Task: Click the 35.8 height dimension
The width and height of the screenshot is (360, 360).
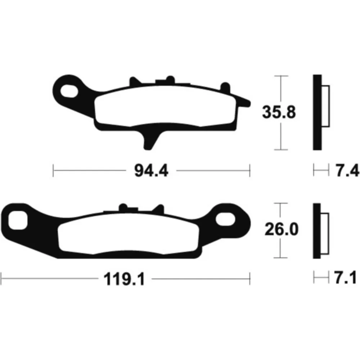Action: tap(279, 112)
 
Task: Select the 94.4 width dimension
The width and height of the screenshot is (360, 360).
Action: tap(151, 171)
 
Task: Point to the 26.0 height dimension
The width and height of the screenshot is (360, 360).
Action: tap(282, 229)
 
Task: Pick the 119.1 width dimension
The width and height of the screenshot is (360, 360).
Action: tap(124, 279)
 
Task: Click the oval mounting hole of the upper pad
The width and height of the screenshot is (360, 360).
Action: tap(69, 91)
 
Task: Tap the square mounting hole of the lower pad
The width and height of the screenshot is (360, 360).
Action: tap(18, 220)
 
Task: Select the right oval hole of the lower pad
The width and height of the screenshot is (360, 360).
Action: tap(225, 219)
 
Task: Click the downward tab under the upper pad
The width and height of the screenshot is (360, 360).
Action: tap(149, 140)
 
